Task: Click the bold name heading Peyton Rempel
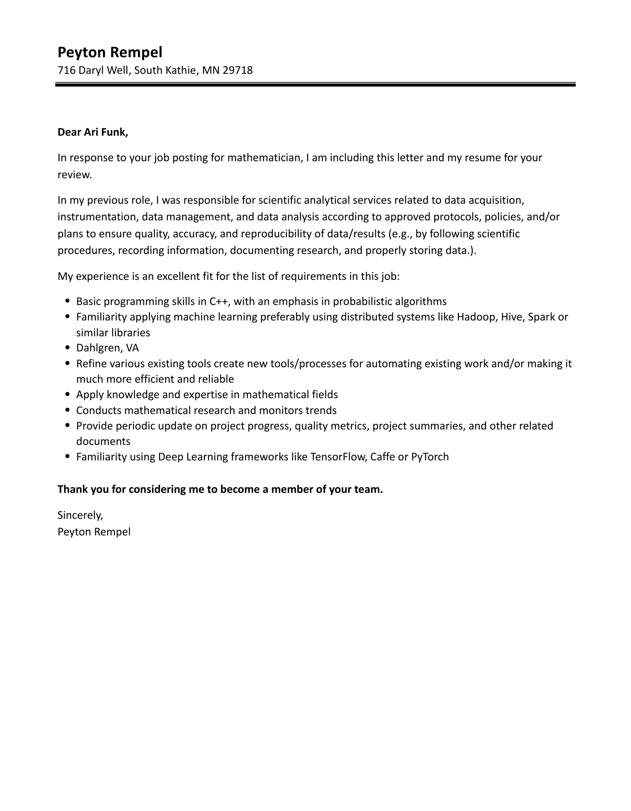click(110, 52)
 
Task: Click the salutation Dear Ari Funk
click(92, 132)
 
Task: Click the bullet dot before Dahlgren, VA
click(68, 348)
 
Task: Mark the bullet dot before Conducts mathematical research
click(68, 410)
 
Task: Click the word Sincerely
click(80, 515)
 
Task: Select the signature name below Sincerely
click(94, 532)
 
